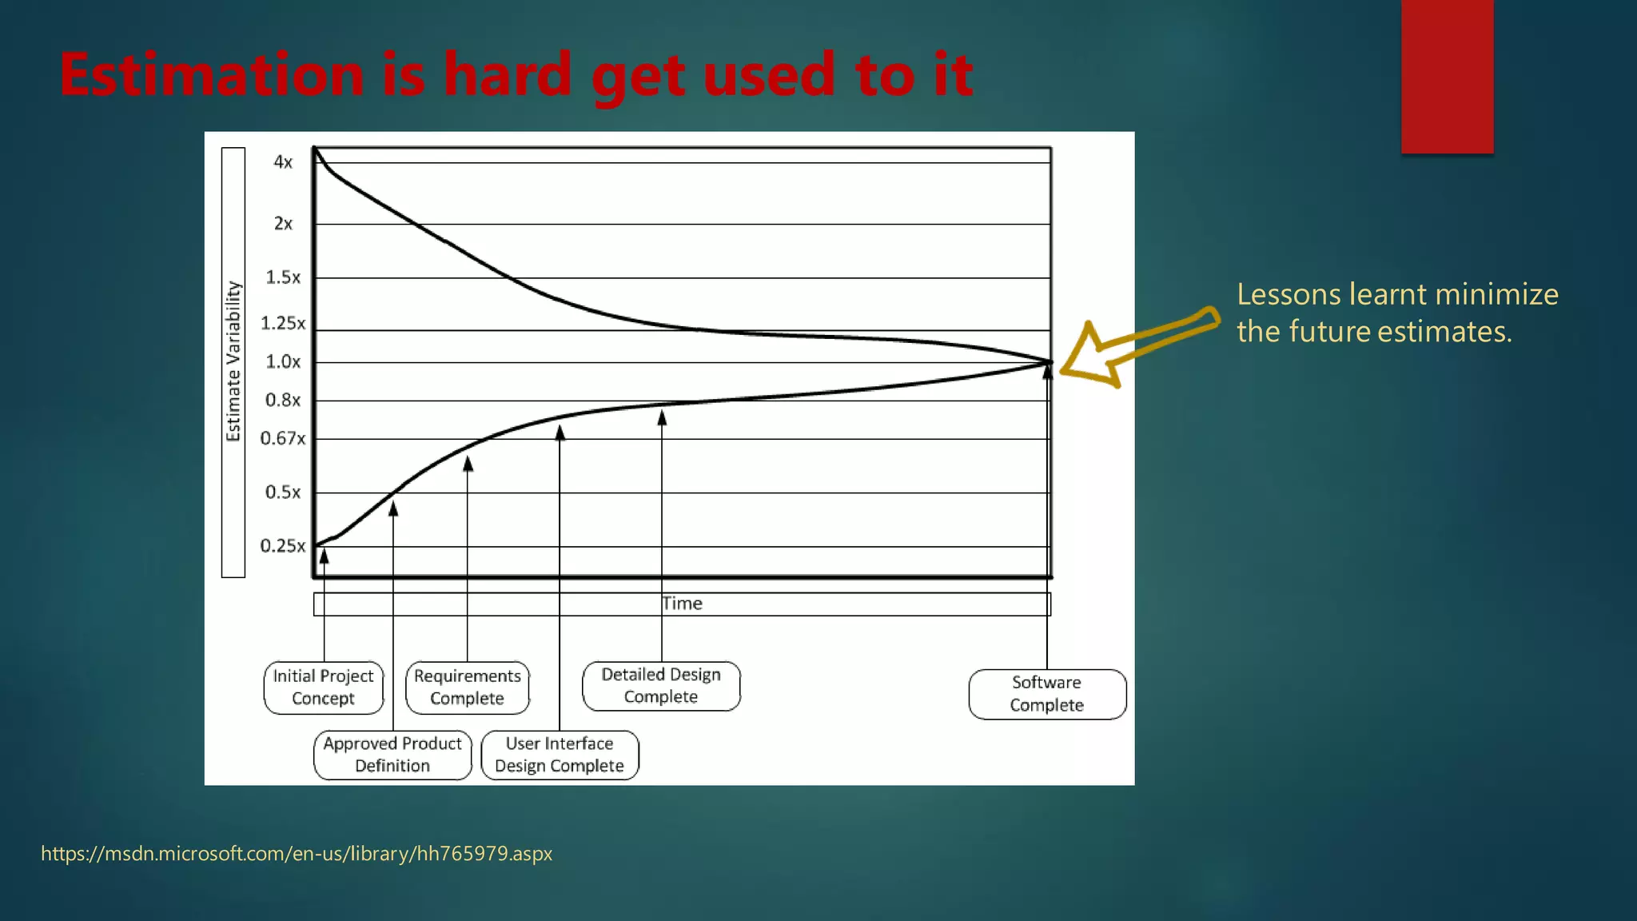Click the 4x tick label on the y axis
pyautogui.click(x=283, y=162)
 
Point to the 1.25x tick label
pyautogui.click(x=283, y=324)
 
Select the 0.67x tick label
pyautogui.click(x=283, y=439)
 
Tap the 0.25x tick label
pyautogui.click(x=283, y=546)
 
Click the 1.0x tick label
pyautogui.click(x=283, y=362)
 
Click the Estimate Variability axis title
pyautogui.click(x=233, y=361)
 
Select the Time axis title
pyautogui.click(x=682, y=604)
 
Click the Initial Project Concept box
pyautogui.click(x=323, y=688)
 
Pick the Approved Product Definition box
pyautogui.click(x=392, y=755)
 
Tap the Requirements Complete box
pyautogui.click(x=467, y=688)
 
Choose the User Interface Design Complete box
pyautogui.click(x=560, y=755)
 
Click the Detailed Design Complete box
pyautogui.click(x=661, y=686)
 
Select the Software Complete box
pyautogui.click(x=1047, y=694)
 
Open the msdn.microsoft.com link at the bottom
pyautogui.click(x=297, y=854)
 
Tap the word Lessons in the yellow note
pyautogui.click(x=1288, y=295)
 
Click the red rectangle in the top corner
pyautogui.click(x=1447, y=76)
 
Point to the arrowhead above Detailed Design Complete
pyautogui.click(x=662, y=417)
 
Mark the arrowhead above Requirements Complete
pyautogui.click(x=468, y=464)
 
